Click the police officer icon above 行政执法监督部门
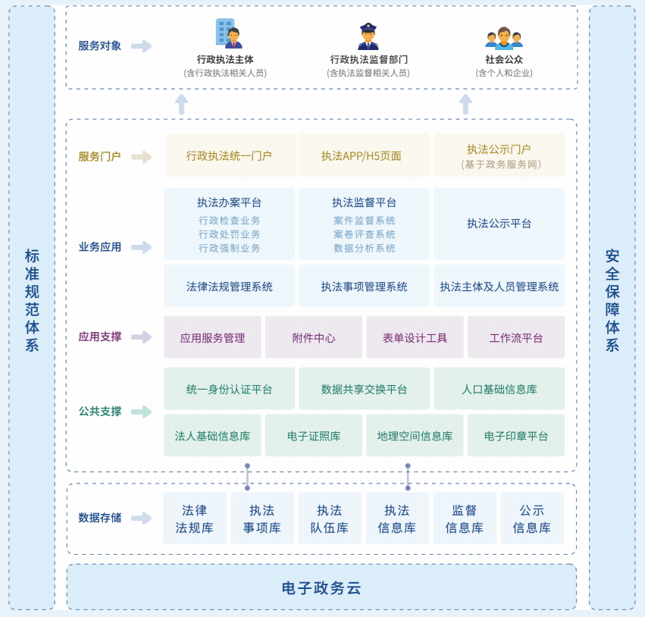[x=368, y=36]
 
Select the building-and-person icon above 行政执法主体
[x=228, y=34]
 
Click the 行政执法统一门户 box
[x=230, y=155]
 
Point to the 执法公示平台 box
[x=499, y=224]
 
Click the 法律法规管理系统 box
[x=230, y=287]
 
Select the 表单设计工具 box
[x=415, y=338]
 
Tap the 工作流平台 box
[x=516, y=338]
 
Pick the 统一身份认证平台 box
[x=230, y=389]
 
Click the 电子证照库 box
[x=314, y=436]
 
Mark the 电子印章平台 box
[x=516, y=436]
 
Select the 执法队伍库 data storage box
[x=330, y=518]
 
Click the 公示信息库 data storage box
[x=532, y=518]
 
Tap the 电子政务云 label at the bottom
[x=321, y=587]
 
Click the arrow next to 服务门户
[x=141, y=157]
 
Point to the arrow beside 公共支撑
[x=141, y=412]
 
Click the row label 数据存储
[x=99, y=518]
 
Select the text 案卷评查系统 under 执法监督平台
[x=364, y=234]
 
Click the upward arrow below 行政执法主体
[x=181, y=104]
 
